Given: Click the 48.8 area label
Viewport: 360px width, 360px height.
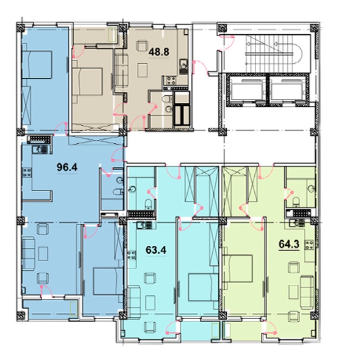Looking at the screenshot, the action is click(159, 52).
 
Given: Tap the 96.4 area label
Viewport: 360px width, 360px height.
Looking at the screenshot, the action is click(67, 167).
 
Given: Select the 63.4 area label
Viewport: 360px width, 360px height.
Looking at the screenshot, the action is click(156, 250).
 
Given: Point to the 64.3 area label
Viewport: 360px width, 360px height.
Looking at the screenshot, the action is click(289, 244).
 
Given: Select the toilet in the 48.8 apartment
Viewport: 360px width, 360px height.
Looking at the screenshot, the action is click(166, 99).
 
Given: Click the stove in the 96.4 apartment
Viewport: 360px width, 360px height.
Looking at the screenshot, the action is click(27, 173).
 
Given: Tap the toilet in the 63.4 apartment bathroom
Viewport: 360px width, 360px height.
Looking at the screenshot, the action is click(148, 204).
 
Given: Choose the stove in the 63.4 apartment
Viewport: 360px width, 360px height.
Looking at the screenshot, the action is click(132, 255).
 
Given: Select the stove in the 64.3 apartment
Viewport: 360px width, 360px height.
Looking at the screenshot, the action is click(309, 244).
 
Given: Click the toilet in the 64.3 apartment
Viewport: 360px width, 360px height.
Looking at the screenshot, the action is click(296, 202).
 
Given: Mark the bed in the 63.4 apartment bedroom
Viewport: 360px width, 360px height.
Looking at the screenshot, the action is click(203, 287).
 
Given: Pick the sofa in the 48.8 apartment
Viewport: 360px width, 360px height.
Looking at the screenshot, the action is click(121, 70).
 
